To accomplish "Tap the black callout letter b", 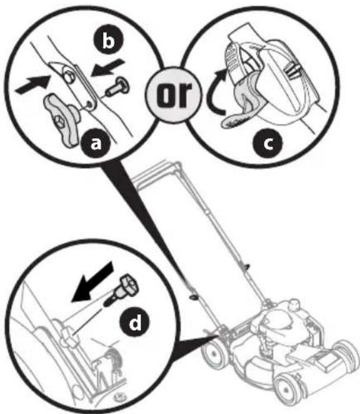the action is tap(108, 40).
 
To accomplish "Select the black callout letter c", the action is tap(267, 143).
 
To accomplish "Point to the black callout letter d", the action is tap(134, 321).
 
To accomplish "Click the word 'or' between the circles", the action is tap(173, 95).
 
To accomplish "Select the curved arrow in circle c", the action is tap(216, 93).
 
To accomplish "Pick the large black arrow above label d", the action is tap(92, 282).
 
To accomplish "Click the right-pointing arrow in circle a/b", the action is tap(33, 84).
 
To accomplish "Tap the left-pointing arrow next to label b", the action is tap(108, 68).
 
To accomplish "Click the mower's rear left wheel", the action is tap(214, 353).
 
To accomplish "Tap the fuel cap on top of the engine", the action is tap(294, 304).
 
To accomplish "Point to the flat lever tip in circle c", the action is tap(234, 121).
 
